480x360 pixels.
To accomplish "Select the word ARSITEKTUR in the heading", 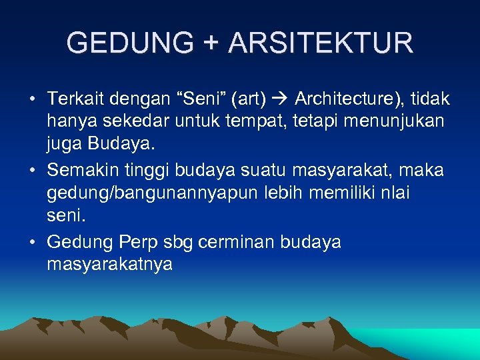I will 321,43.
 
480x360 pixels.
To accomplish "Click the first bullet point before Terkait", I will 32,100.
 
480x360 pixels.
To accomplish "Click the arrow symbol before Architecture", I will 279,100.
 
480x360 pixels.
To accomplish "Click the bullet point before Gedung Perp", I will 32,242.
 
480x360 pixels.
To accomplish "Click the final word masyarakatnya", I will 109,265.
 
